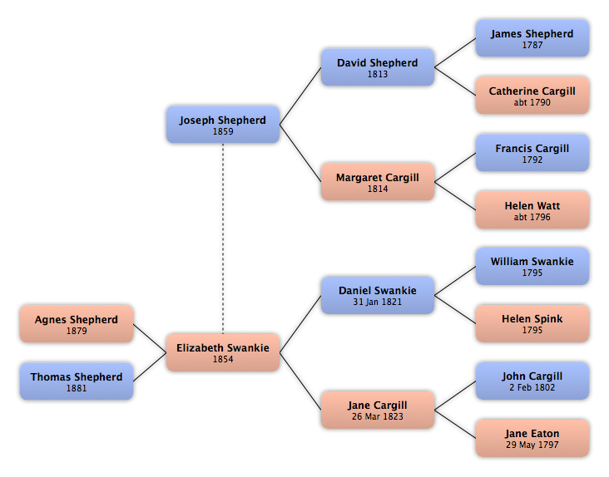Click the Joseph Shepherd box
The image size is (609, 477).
pyautogui.click(x=223, y=125)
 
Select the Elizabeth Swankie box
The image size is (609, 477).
pyautogui.click(x=223, y=352)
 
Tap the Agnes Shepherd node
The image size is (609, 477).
pyautogui.click(x=77, y=324)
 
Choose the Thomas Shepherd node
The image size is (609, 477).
pyautogui.click(x=77, y=381)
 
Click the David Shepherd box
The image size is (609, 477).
pyautogui.click(x=378, y=67)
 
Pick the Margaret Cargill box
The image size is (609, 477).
pyautogui.click(x=378, y=182)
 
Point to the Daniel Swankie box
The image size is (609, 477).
pyautogui.click(x=378, y=295)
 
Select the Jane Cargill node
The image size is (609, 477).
pyautogui.click(x=378, y=410)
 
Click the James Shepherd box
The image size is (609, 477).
pyautogui.click(x=532, y=38)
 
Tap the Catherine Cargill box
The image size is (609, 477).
pyautogui.click(x=532, y=96)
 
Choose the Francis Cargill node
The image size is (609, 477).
pyautogui.click(x=532, y=153)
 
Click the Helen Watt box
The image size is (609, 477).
pyautogui.click(x=532, y=209)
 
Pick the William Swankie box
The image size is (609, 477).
pyautogui.click(x=532, y=267)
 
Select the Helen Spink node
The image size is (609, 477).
pyautogui.click(x=532, y=323)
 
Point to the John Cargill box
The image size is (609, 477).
pyautogui.click(x=532, y=381)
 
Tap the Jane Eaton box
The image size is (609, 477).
pyautogui.click(x=532, y=438)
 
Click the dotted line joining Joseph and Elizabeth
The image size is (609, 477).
pyautogui.click(x=223, y=238)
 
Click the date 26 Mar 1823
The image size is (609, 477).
pyautogui.click(x=378, y=416)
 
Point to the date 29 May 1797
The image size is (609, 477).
pyautogui.click(x=532, y=445)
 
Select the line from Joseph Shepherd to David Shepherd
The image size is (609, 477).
pyautogui.click(x=300, y=96)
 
